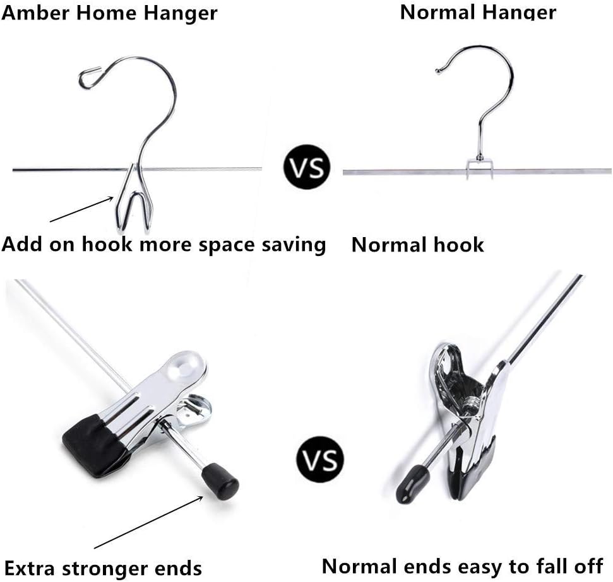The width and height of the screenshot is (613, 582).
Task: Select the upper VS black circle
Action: pyautogui.click(x=307, y=168)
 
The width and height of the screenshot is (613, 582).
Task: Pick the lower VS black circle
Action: pyautogui.click(x=320, y=459)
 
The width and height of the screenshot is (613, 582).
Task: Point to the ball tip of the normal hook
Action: pyautogui.click(x=438, y=71)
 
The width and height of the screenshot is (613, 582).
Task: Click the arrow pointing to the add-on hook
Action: pyautogui.click(x=81, y=209)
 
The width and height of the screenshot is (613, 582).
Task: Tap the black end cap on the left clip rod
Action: pyautogui.click(x=220, y=478)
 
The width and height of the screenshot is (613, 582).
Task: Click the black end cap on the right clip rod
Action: pyautogui.click(x=412, y=483)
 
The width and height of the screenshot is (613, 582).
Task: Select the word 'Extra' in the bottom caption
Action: pyautogui.click(x=29, y=567)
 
